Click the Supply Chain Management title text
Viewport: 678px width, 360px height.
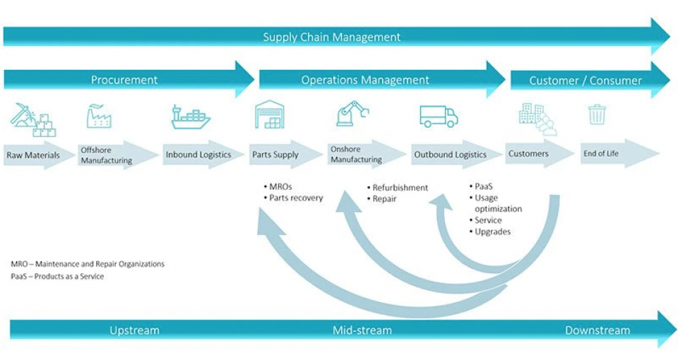coord(331,37)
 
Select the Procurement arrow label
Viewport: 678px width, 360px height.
coord(124,80)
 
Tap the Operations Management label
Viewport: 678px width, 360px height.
coord(365,80)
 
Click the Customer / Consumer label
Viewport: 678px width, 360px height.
coord(585,80)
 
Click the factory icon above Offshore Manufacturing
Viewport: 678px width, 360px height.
coord(99,116)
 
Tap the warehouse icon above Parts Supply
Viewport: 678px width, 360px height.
coord(269,114)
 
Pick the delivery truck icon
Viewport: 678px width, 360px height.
coord(439,116)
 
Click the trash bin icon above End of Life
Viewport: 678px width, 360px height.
coord(597,114)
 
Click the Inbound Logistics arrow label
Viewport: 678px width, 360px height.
coord(198,155)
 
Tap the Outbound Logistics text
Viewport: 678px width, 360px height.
coord(450,155)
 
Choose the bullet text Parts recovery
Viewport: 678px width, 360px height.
coord(296,198)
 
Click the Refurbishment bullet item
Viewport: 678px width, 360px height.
coord(400,188)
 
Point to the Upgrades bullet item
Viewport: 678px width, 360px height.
coord(492,232)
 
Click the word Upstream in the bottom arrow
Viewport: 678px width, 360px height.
coord(134,330)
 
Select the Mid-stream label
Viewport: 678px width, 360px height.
coord(362,330)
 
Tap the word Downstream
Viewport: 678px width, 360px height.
coord(597,330)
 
